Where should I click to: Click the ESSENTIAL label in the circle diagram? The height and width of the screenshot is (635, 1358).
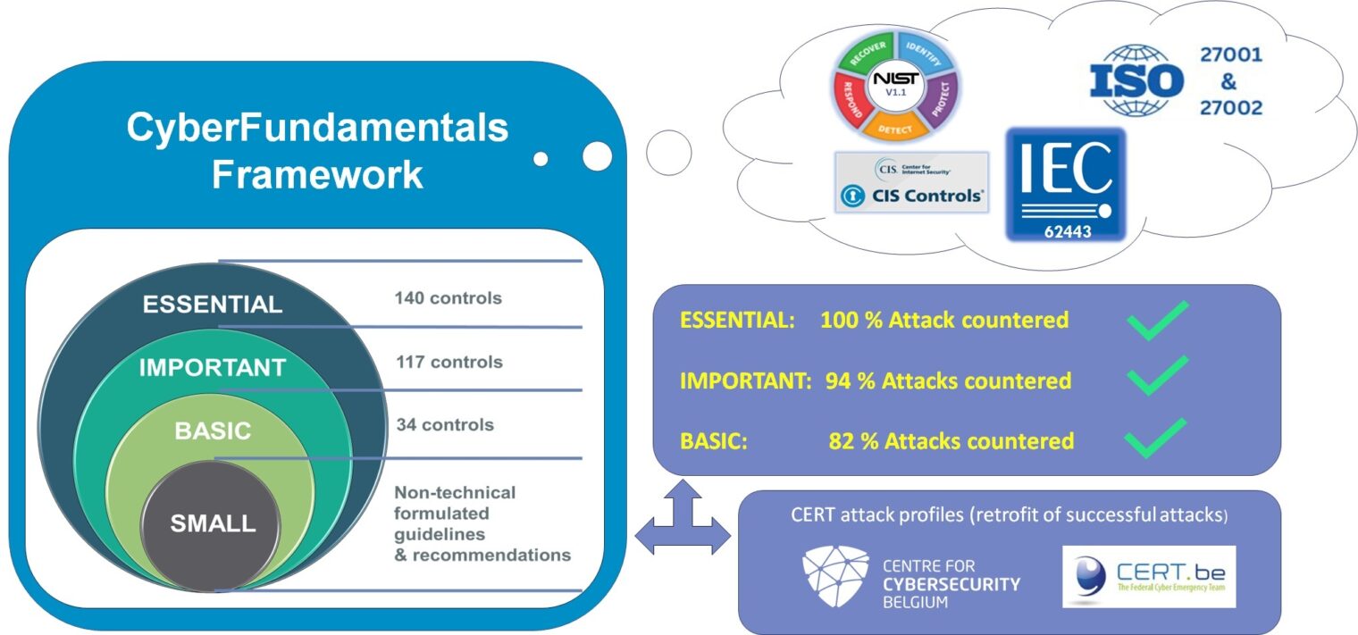click(x=213, y=305)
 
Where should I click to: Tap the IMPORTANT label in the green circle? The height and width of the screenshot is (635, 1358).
click(x=213, y=368)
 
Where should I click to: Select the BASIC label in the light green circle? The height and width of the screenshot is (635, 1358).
click(x=213, y=430)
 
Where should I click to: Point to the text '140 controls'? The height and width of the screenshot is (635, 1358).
click(x=448, y=298)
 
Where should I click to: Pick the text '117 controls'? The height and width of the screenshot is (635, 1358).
click(x=448, y=362)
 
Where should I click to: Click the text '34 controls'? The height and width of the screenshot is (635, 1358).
click(x=444, y=424)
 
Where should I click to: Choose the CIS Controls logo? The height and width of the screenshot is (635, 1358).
click(x=911, y=182)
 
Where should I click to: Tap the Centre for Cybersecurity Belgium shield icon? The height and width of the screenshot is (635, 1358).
click(x=835, y=571)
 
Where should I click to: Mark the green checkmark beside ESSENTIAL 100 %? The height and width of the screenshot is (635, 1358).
click(x=1158, y=321)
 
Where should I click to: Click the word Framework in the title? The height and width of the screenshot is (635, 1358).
click(x=317, y=175)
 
